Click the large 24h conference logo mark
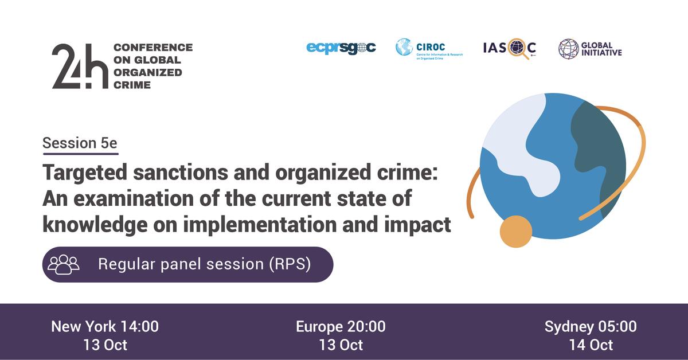(x=80, y=66)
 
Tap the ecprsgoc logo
(x=341, y=48)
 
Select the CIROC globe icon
(x=404, y=47)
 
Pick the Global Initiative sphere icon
(x=568, y=49)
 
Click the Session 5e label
(x=80, y=143)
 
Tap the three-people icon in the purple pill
(x=64, y=264)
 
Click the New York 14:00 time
(x=105, y=327)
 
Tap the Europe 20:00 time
(x=341, y=327)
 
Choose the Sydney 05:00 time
(x=591, y=327)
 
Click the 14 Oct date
(x=591, y=345)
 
